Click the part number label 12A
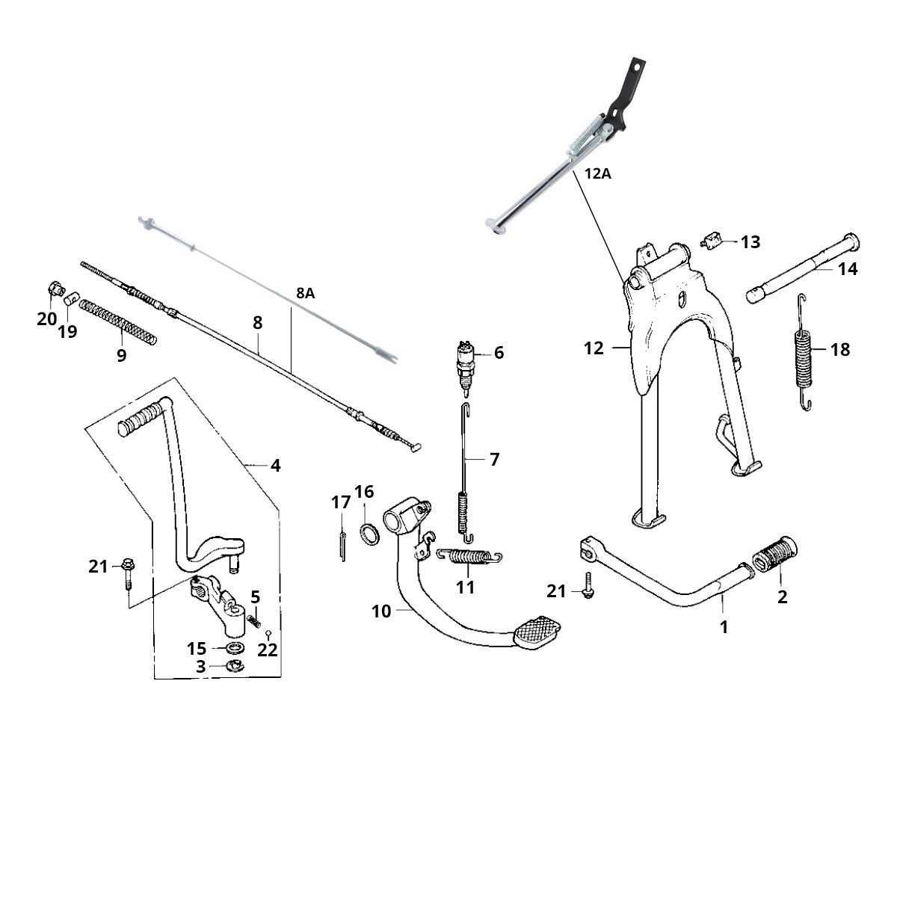coord(597,175)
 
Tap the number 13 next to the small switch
coord(750,242)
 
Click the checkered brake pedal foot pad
coord(537,632)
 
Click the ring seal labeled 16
coord(369,534)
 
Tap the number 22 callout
coord(268,650)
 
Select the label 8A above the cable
coord(305,293)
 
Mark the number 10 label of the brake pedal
coord(380,611)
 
